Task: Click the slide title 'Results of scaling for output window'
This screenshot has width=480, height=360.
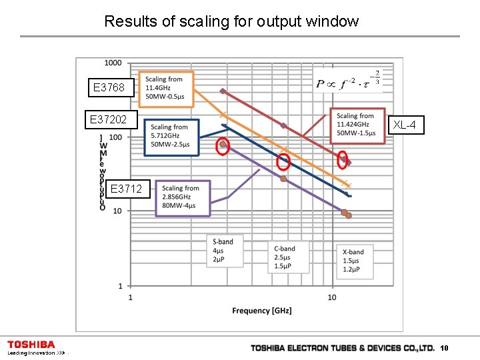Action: (231, 21)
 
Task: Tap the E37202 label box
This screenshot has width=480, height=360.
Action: (113, 120)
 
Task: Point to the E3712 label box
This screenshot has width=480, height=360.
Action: (125, 189)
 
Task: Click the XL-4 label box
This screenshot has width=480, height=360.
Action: (407, 125)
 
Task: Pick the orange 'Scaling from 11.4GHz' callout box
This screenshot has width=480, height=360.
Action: (165, 89)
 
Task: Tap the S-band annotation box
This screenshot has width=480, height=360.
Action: (224, 250)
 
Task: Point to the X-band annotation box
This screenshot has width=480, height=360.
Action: (354, 261)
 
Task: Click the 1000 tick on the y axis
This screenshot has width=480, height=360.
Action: (113, 63)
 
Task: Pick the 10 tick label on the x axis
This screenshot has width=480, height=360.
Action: (332, 297)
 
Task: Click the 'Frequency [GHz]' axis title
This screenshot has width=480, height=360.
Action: (261, 311)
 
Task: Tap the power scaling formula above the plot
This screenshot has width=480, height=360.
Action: (348, 83)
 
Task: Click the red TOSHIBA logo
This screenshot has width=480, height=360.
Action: (31, 345)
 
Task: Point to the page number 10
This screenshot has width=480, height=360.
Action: (445, 348)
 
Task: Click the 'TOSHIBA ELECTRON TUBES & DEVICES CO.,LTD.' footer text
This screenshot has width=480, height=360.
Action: (342, 348)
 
